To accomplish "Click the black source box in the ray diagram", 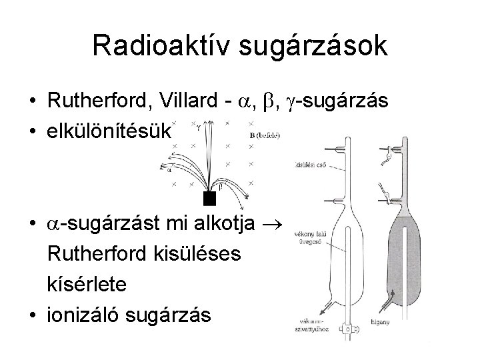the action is point(210,197).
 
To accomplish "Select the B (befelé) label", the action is point(265,136).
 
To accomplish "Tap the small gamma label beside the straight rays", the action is point(199,125).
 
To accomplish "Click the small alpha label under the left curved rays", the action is point(169,169).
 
